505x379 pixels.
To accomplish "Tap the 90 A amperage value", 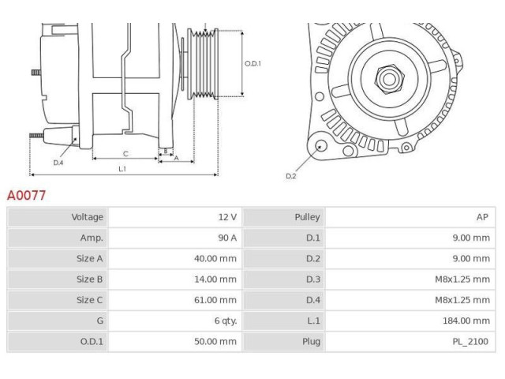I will pyautogui.click(x=226, y=238).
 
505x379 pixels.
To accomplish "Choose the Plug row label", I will pyautogui.click(x=310, y=341).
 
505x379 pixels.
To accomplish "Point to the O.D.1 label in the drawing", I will pyautogui.click(x=252, y=64).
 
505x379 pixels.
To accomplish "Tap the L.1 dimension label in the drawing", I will pyautogui.click(x=122, y=168).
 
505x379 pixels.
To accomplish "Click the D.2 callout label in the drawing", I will pyautogui.click(x=290, y=175).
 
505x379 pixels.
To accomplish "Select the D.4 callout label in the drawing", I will pyautogui.click(x=58, y=163).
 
